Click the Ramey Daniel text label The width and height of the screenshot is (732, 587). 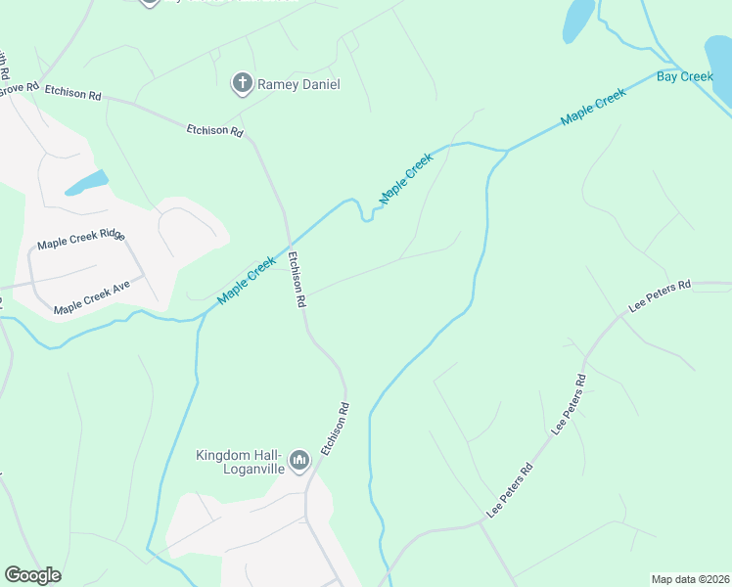point(298,85)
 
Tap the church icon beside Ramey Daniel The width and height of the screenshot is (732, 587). point(242,84)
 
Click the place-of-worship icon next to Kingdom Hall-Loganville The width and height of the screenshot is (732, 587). point(299,459)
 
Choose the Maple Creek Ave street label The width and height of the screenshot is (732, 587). point(92,296)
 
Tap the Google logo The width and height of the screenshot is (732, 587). point(32,575)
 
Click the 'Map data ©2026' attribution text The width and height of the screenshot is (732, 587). point(690,579)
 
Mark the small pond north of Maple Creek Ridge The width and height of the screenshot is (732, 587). point(87,182)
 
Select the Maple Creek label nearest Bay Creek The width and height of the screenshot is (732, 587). point(592,107)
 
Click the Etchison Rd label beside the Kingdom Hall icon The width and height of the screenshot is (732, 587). point(336,428)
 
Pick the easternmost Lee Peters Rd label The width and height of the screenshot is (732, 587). point(660,295)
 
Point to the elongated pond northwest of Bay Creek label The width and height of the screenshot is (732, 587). point(578,19)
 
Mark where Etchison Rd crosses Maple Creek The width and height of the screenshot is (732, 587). point(289,241)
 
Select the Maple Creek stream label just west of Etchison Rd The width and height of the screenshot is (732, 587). point(247,280)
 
